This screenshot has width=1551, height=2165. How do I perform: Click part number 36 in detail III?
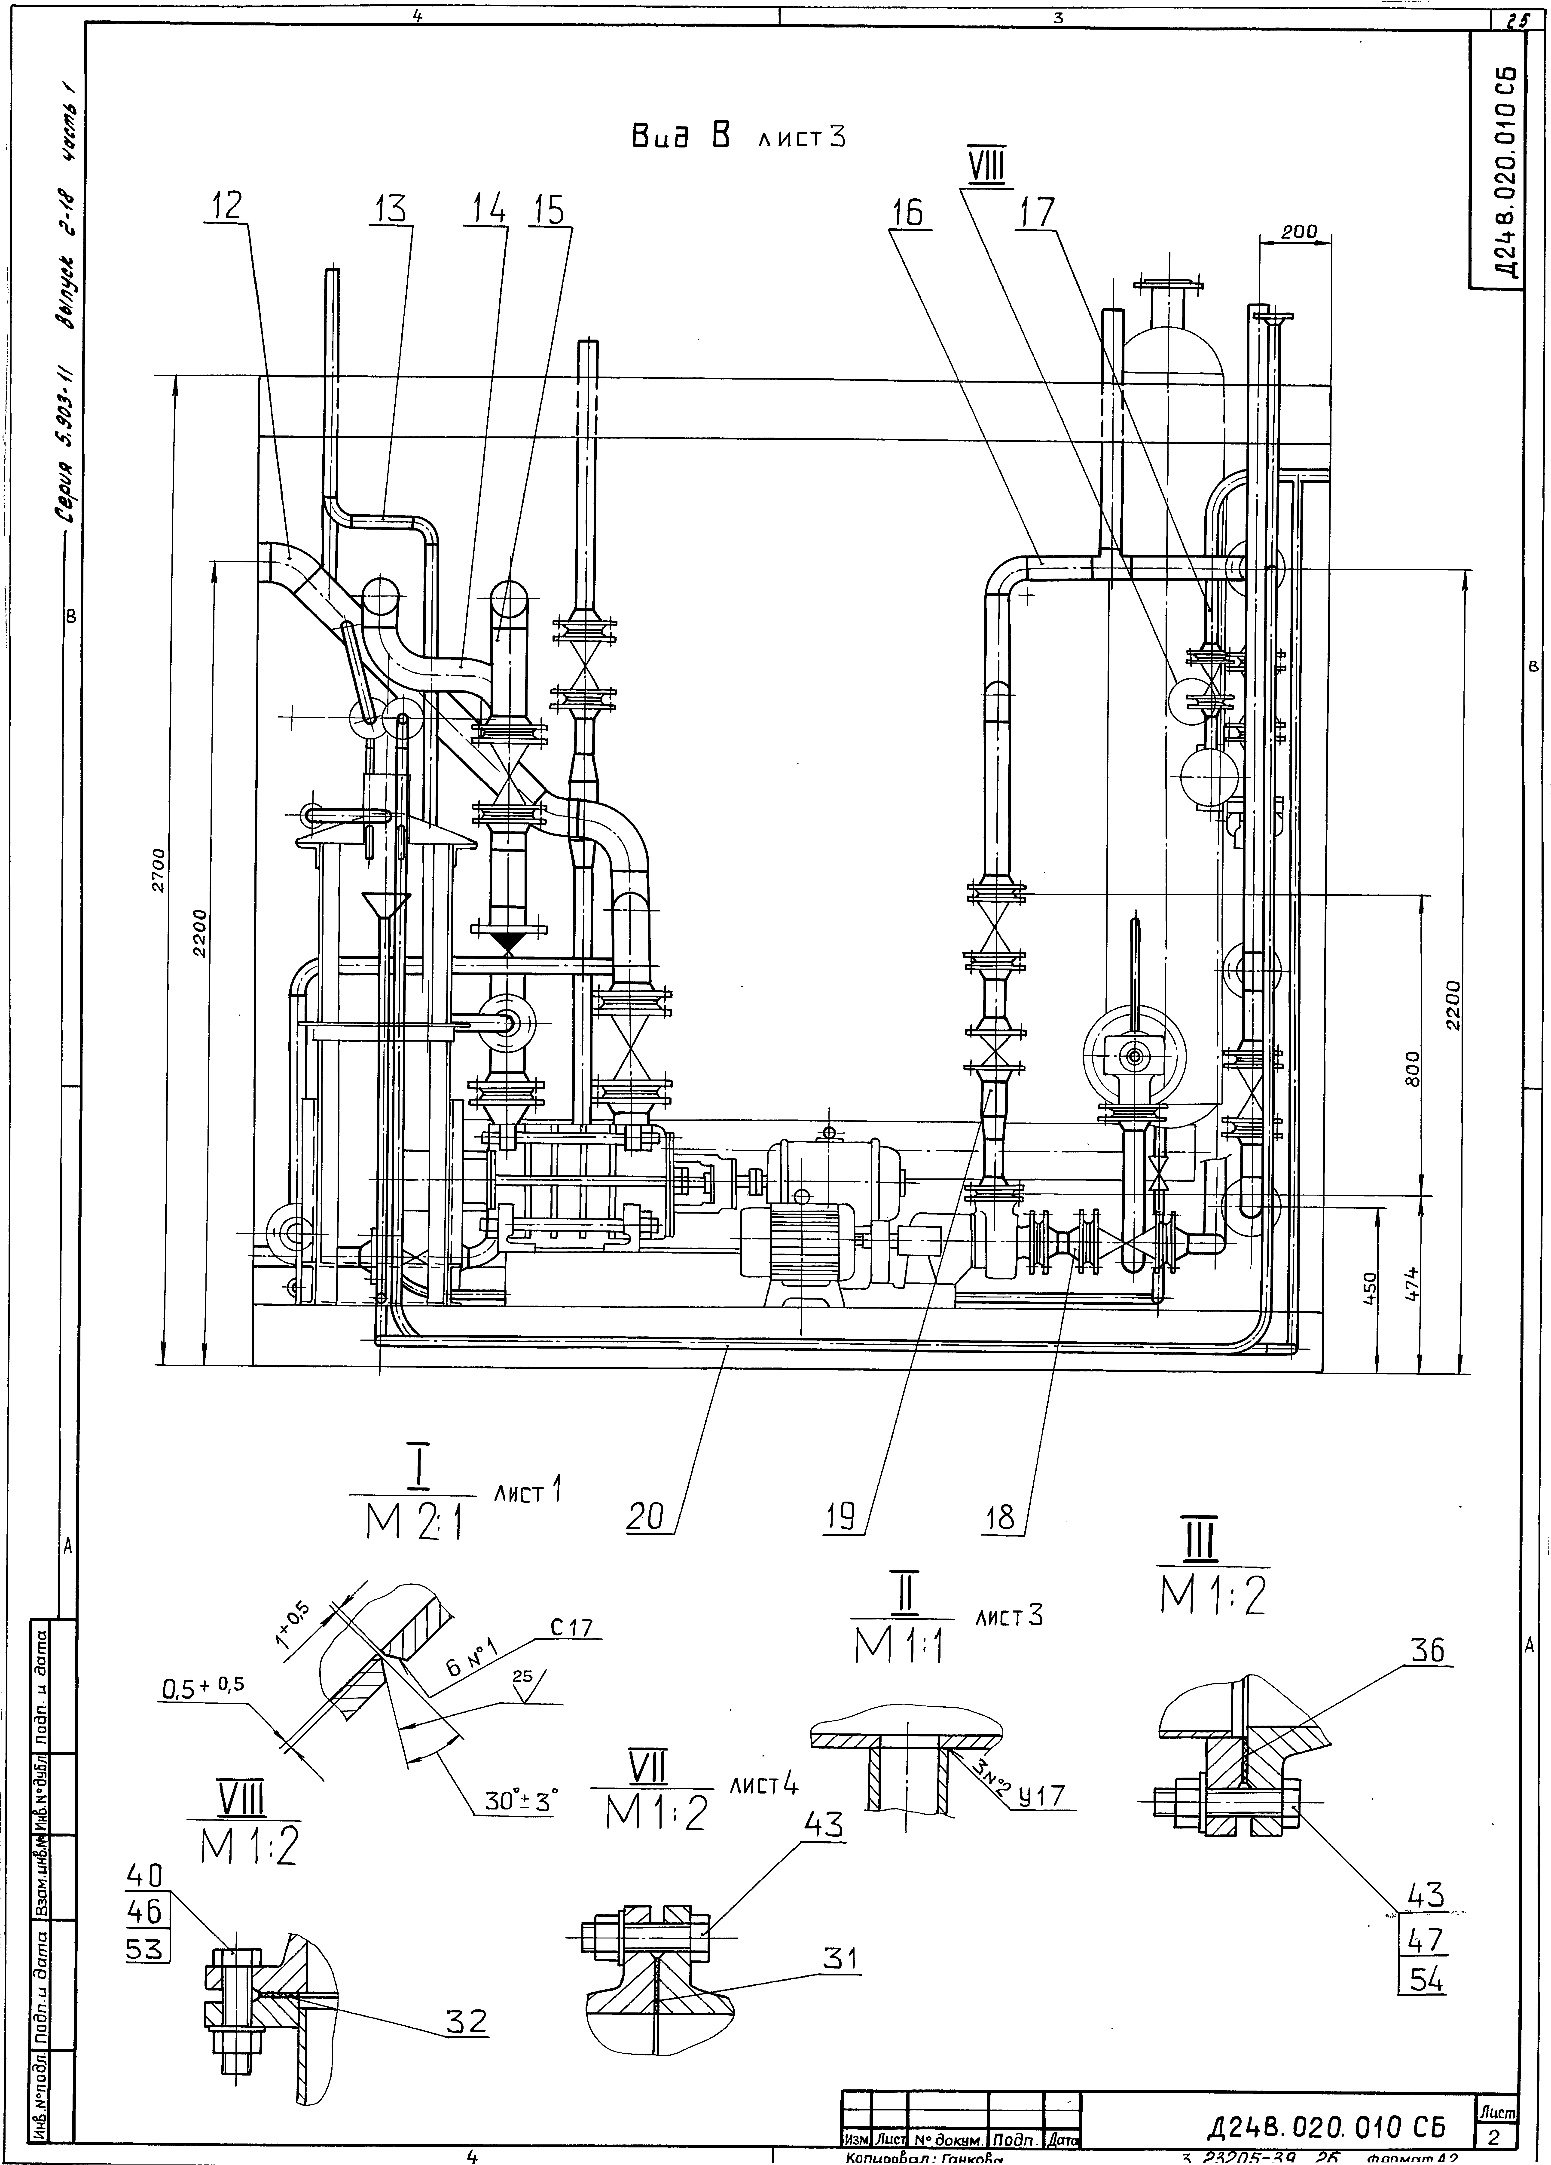[x=1429, y=1650]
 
